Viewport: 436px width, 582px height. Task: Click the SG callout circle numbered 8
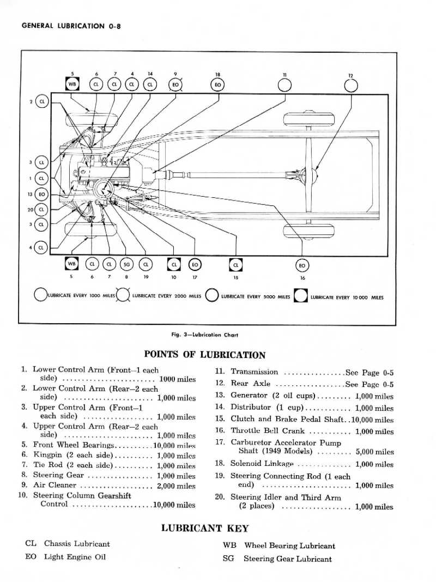click(126, 264)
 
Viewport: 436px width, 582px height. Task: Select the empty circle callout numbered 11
click(284, 85)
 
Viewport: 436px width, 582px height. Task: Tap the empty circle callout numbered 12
click(352, 86)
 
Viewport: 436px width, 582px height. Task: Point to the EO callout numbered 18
click(217, 84)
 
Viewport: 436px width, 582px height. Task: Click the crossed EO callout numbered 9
click(175, 84)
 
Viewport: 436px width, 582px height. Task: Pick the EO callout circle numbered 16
click(302, 265)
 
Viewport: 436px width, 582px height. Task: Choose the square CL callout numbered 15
click(235, 264)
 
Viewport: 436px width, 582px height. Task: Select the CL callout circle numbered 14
click(150, 84)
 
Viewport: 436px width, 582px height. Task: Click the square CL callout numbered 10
click(174, 264)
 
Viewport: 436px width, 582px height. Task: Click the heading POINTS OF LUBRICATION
click(204, 355)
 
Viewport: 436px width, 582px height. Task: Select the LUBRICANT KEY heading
click(205, 528)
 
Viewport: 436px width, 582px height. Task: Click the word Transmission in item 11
click(255, 372)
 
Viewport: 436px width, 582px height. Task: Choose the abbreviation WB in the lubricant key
click(229, 545)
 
